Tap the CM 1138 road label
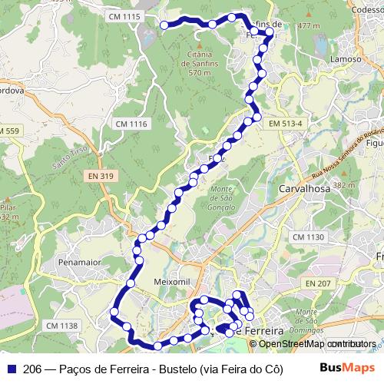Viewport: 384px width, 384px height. click(x=61, y=326)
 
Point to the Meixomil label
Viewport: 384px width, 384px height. click(x=170, y=281)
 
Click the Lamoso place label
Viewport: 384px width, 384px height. click(x=345, y=59)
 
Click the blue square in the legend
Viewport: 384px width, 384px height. click(x=11, y=369)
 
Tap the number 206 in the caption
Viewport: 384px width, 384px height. click(x=32, y=369)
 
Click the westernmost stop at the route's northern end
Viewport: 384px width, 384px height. click(x=164, y=25)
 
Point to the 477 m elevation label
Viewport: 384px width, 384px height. click(x=308, y=25)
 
